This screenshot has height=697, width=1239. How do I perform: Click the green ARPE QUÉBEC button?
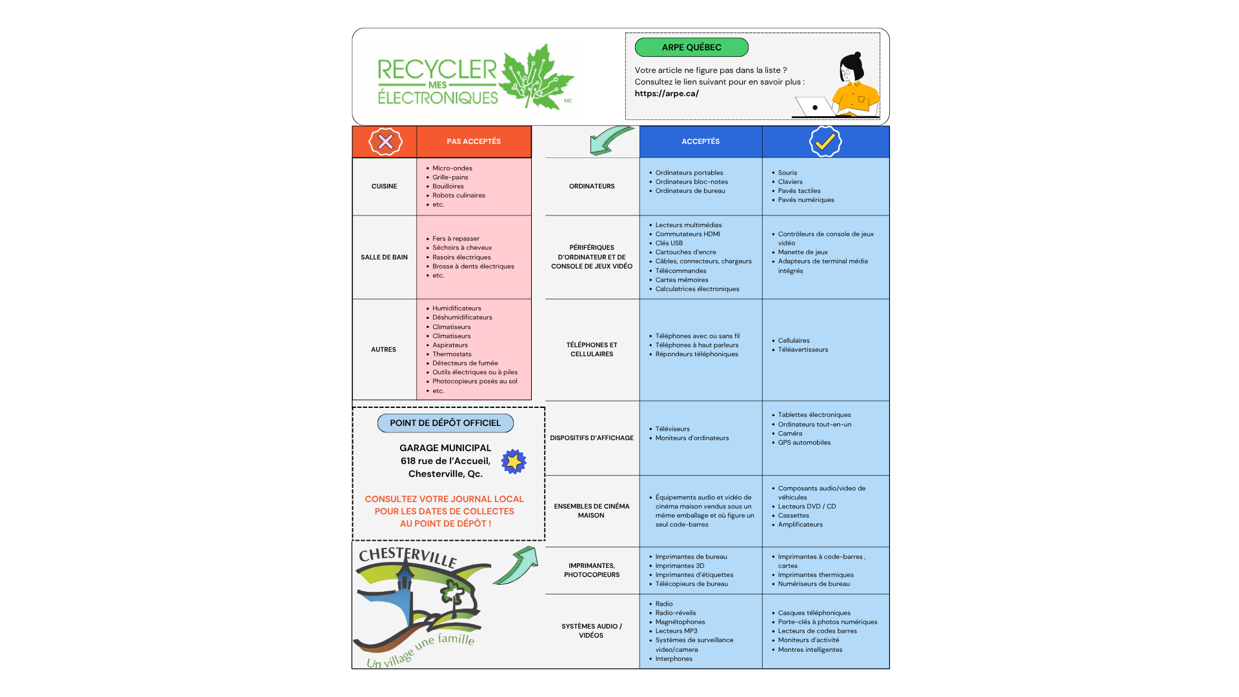691,47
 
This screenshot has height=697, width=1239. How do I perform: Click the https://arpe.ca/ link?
666,94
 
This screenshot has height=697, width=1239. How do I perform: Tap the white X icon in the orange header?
385,141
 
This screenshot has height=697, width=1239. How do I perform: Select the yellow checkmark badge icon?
825,141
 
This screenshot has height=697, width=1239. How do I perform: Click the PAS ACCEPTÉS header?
474,141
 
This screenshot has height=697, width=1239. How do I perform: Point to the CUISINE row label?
384,187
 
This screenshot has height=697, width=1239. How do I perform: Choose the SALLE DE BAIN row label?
384,257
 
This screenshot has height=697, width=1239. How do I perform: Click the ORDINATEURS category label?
592,187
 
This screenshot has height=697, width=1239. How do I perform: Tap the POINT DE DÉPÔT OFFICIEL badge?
445,423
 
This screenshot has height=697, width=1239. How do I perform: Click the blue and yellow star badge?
514,461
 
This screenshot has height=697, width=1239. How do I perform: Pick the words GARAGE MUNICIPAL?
445,448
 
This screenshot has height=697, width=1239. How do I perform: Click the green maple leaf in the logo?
536,77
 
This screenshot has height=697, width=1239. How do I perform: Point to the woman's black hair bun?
857,56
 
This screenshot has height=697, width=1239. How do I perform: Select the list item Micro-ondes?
452,168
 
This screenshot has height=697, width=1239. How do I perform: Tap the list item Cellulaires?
793,341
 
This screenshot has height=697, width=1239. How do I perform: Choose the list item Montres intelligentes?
810,650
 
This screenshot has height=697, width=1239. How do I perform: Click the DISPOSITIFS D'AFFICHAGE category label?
592,438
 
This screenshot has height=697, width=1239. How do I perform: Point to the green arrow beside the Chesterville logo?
517,566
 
